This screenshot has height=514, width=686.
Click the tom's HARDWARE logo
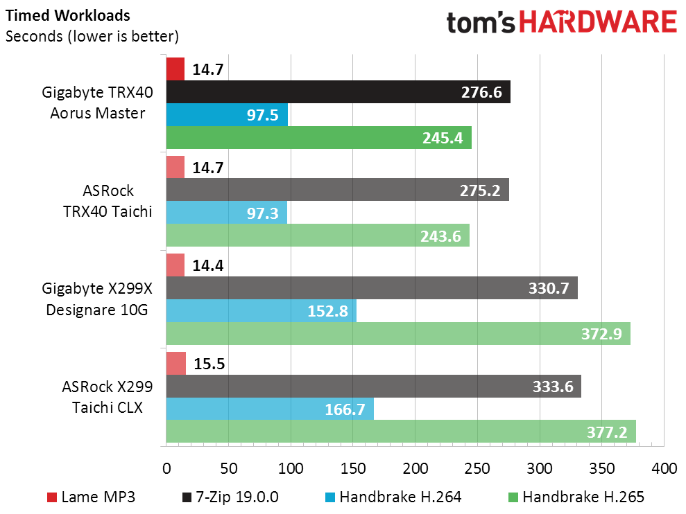tap(561, 24)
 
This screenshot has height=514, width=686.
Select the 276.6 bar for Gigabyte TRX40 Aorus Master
tap(338, 91)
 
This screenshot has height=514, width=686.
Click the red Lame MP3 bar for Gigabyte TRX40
tap(175, 69)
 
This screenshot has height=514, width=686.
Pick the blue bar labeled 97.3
tap(226, 213)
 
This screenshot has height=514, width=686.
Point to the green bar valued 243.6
tap(318, 236)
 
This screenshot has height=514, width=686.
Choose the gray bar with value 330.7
tap(371, 287)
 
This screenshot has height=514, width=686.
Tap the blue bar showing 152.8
tap(261, 310)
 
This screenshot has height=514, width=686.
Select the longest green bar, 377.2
tap(400, 431)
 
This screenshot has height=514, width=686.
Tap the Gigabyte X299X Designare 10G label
tap(97, 299)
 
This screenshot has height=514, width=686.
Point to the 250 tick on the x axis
tap(477, 468)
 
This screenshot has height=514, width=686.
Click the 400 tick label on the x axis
tap(664, 468)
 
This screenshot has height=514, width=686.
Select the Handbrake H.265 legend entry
tap(575, 497)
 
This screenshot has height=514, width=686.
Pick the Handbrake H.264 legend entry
tap(391, 497)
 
